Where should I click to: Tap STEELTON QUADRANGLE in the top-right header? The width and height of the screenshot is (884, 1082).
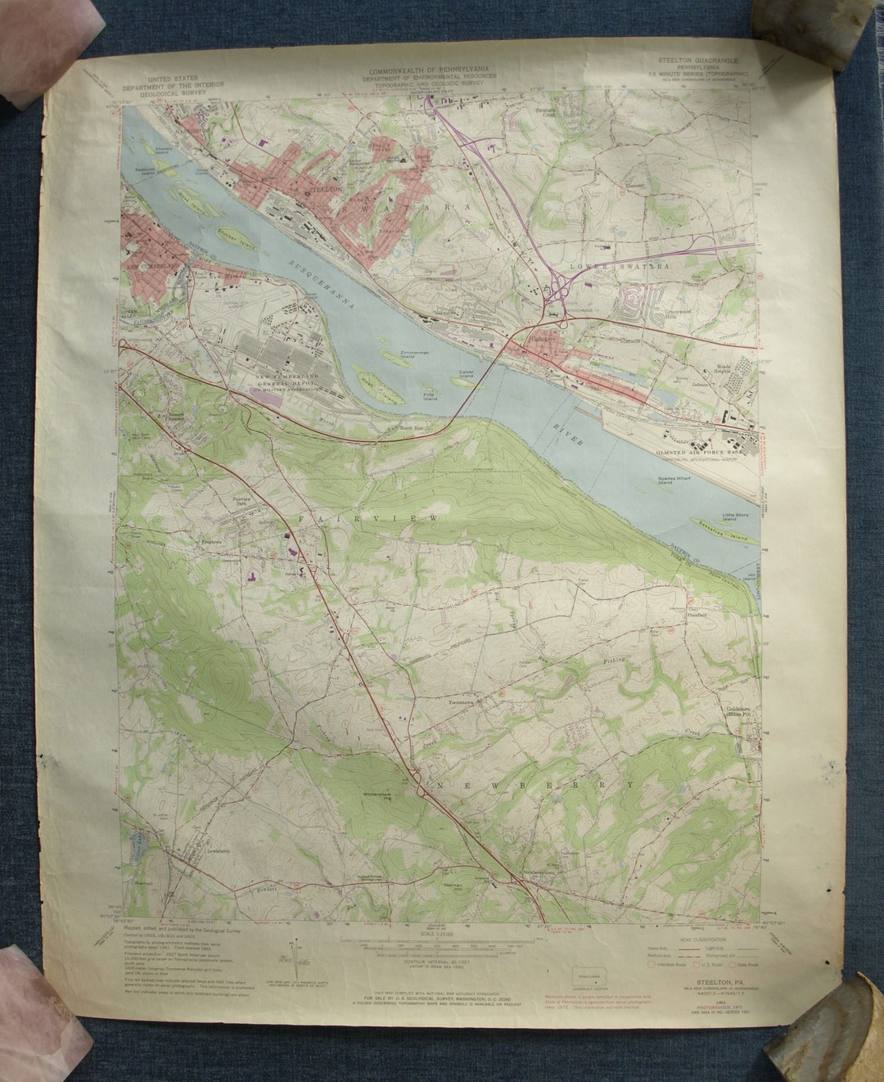705,62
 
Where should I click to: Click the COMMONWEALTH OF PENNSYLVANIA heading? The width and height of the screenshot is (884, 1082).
431,72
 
